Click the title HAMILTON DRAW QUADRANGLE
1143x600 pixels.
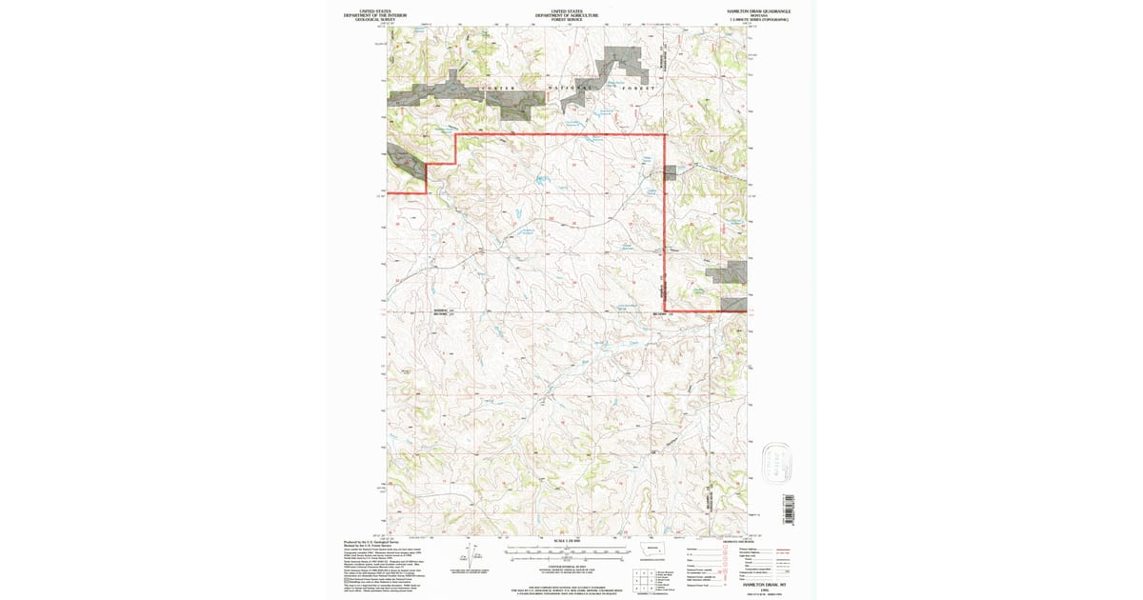(x=759, y=10)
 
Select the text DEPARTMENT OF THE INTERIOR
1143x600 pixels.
(x=373, y=15)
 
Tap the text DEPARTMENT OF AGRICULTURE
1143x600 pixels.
(x=567, y=15)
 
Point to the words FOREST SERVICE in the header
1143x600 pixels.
(x=567, y=20)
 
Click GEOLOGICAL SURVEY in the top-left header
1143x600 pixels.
(x=373, y=20)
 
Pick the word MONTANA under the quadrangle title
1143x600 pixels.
(x=759, y=15)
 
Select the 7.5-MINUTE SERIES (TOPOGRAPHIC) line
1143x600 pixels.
(x=759, y=20)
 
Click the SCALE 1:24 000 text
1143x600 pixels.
(x=567, y=542)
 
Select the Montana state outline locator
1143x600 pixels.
(x=653, y=550)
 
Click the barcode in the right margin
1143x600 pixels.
(x=788, y=504)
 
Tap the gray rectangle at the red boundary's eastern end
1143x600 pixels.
(x=733, y=304)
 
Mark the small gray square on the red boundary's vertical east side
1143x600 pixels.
(x=671, y=172)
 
